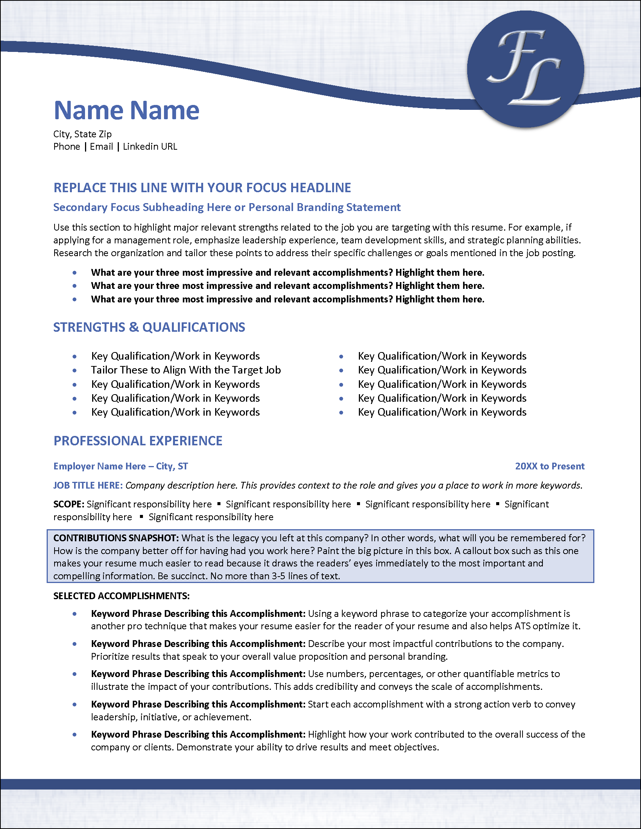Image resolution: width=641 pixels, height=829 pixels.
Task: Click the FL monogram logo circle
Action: [x=525, y=69]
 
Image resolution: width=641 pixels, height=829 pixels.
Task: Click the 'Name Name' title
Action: [x=126, y=111]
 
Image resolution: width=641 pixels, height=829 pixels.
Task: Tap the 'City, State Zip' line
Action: [x=82, y=134]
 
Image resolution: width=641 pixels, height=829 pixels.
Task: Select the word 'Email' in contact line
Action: [x=101, y=147]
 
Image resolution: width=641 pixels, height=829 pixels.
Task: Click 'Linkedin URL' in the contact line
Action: [x=150, y=147]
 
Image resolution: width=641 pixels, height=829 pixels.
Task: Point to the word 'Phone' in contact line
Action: [x=67, y=147]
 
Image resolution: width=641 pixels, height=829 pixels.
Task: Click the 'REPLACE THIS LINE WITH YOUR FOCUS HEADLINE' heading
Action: [x=202, y=188]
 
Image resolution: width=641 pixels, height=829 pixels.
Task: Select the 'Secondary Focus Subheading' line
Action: [x=226, y=207]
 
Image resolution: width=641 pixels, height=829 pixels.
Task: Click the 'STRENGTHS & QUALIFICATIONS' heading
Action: [x=149, y=327]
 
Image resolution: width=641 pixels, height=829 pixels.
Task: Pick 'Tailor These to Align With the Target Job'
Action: [x=185, y=370]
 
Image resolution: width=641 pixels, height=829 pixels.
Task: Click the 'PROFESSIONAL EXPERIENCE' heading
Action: [x=138, y=441]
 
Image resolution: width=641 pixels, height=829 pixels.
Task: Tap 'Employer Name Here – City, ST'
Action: [x=120, y=466]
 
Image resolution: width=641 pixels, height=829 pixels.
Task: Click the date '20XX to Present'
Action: [x=550, y=466]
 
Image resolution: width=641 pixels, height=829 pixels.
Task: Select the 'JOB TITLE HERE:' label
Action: [x=88, y=486]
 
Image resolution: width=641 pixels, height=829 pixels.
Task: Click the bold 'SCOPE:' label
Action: [x=69, y=504]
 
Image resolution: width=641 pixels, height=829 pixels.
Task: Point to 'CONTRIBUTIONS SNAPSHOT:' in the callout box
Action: [x=116, y=538]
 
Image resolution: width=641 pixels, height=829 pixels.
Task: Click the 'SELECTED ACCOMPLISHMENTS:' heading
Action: [x=122, y=596]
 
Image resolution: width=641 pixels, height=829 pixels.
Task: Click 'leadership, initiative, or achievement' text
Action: [x=170, y=717]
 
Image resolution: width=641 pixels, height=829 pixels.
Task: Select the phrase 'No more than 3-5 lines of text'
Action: [x=275, y=576]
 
